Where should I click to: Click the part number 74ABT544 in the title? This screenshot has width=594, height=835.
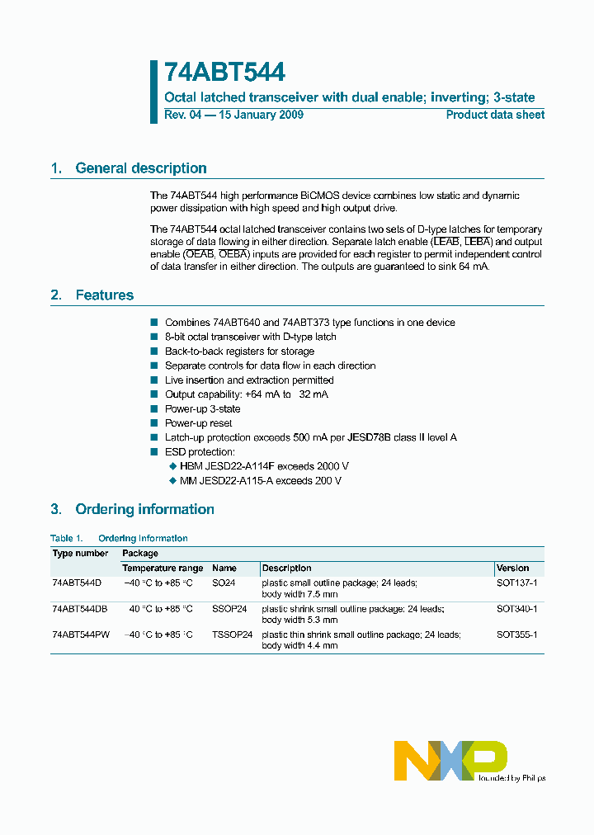coord(224,73)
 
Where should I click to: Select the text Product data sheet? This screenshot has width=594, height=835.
coord(495,115)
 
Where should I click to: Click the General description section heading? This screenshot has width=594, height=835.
coord(140,168)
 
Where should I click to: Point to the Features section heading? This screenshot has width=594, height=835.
coord(104,295)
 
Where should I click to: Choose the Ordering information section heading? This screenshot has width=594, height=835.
coord(144,509)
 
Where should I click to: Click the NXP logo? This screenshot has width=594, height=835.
coord(450,760)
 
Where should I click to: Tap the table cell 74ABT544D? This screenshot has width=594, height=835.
coord(76,583)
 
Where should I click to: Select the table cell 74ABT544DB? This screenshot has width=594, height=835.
coord(79,609)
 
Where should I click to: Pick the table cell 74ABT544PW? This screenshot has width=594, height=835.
coord(80,635)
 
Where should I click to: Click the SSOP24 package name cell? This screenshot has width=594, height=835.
coord(229,609)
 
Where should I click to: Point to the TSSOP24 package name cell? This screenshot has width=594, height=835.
coord(232,635)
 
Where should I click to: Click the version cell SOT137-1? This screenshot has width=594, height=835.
coord(516,583)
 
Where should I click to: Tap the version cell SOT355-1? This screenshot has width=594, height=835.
coord(516,635)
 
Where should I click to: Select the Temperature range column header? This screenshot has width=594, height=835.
coord(163,568)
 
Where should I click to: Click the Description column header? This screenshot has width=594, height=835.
coord(287,568)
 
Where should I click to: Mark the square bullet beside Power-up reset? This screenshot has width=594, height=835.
coord(153,423)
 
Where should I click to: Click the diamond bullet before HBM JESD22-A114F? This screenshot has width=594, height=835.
coord(172,467)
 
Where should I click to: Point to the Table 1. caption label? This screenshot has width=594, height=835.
coord(67,538)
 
